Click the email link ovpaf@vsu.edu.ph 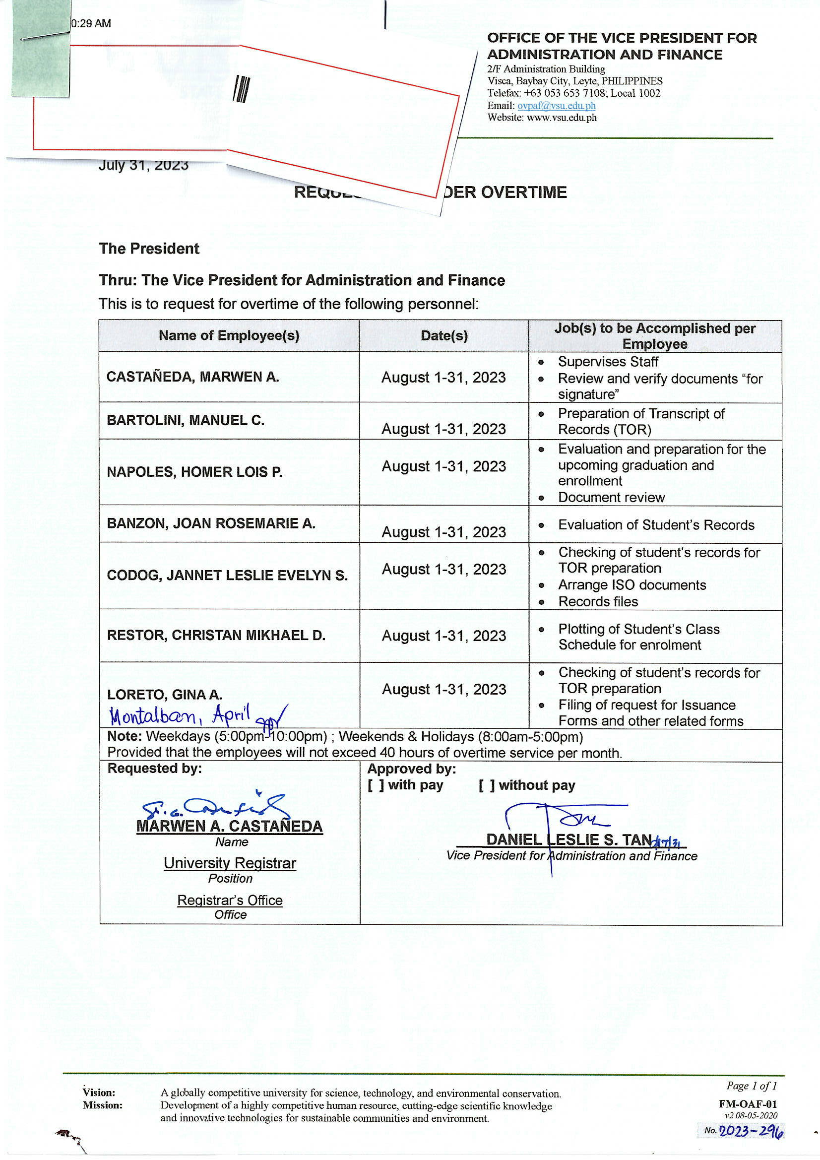tap(556, 106)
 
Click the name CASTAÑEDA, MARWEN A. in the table tap(192, 377)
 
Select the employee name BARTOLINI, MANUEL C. tap(186, 420)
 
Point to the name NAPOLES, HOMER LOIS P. tap(194, 472)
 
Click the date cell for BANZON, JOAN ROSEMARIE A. tap(443, 531)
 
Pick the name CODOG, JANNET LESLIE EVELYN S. tap(227, 575)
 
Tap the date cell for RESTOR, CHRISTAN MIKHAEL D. tap(443, 635)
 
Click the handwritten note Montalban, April tap(180, 715)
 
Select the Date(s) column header tap(443, 335)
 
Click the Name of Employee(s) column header tap(229, 335)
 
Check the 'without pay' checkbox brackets tap(487, 785)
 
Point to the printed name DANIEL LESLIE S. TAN tap(568, 839)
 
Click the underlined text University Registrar tap(230, 863)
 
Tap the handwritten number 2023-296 tap(751, 1131)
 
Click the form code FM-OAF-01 tap(747, 1104)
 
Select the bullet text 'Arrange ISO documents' tap(631, 584)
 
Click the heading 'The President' tap(149, 249)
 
